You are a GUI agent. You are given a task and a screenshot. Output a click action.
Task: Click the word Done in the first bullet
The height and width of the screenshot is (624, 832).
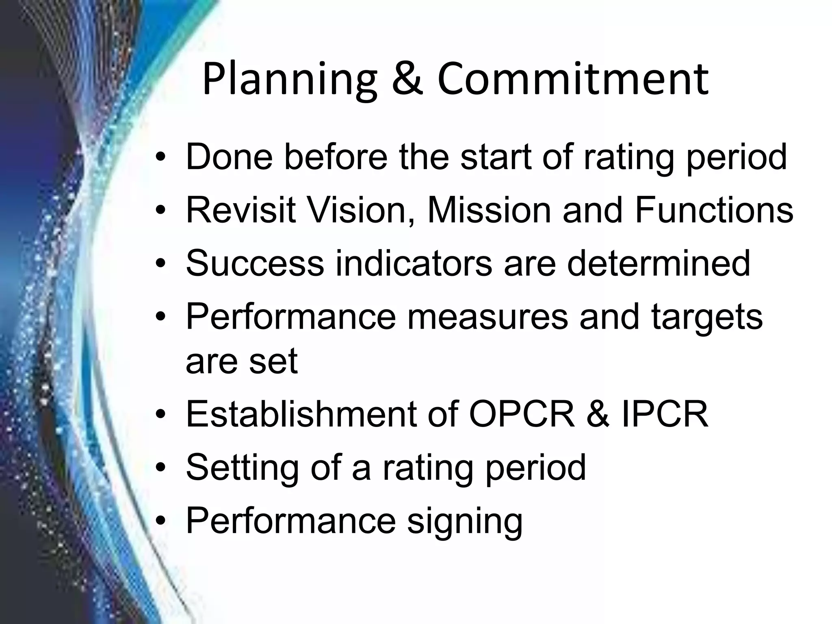coord(229,157)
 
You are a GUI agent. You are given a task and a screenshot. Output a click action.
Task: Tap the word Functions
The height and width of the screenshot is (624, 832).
coord(713,210)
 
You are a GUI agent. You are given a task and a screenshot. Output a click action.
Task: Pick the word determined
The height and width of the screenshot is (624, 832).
coord(659,264)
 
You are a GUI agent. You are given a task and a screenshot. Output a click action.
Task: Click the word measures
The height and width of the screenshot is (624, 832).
coord(487,317)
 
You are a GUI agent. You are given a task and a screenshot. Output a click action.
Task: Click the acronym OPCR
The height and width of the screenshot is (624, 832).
coord(522,414)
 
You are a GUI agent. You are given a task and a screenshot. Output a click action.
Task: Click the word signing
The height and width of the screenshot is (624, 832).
coord(465,521)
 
